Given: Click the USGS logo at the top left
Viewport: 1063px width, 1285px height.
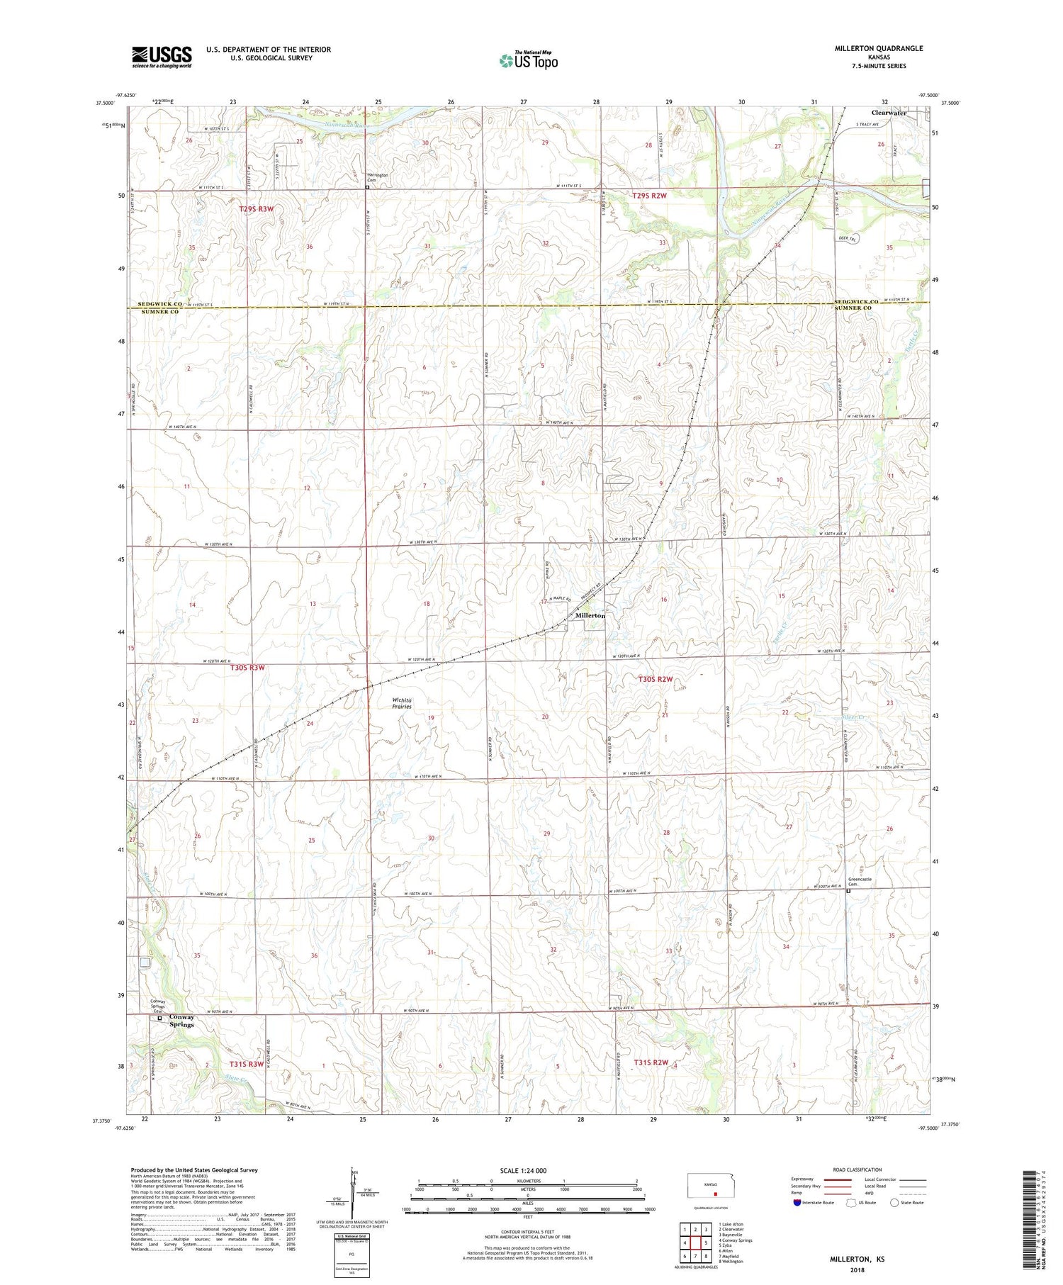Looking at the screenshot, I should [x=162, y=57].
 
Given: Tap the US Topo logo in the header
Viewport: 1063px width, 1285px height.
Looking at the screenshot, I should [x=528, y=61].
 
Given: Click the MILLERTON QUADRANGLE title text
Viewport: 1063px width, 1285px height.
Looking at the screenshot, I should [x=879, y=48].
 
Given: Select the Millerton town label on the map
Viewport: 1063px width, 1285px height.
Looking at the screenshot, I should [x=590, y=616].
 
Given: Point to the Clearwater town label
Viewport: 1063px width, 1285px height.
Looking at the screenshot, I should [x=889, y=113].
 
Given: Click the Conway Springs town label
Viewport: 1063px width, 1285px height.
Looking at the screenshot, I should [x=181, y=1021].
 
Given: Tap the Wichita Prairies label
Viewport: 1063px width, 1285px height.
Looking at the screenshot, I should [x=402, y=703].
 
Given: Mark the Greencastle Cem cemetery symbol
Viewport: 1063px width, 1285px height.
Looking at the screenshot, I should [x=849, y=892].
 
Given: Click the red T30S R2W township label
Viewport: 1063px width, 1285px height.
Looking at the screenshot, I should [x=655, y=679].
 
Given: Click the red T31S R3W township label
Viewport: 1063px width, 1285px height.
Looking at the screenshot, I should [x=246, y=1064].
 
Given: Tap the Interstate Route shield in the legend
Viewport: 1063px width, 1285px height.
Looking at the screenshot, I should [x=797, y=1203].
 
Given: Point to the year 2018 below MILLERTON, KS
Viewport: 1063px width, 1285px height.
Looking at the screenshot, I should [x=857, y=1269].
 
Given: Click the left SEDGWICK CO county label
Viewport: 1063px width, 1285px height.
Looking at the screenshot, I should [x=155, y=303].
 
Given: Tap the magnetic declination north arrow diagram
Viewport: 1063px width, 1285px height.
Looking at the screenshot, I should [x=353, y=1194].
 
